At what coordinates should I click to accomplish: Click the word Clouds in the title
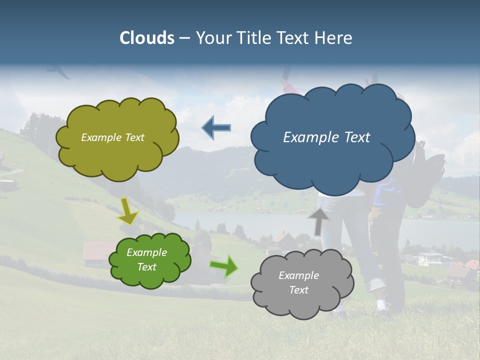pyautogui.click(x=147, y=38)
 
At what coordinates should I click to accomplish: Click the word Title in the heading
pyautogui.click(x=254, y=38)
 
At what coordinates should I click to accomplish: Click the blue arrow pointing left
pyautogui.click(x=216, y=128)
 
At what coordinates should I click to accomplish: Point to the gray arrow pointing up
pyautogui.click(x=318, y=221)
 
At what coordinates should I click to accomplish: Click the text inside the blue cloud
pyautogui.click(x=326, y=137)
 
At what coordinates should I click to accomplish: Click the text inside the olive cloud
pyautogui.click(x=112, y=137)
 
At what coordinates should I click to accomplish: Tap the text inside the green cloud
pyautogui.click(x=147, y=260)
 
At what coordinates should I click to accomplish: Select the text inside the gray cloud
pyautogui.click(x=298, y=283)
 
